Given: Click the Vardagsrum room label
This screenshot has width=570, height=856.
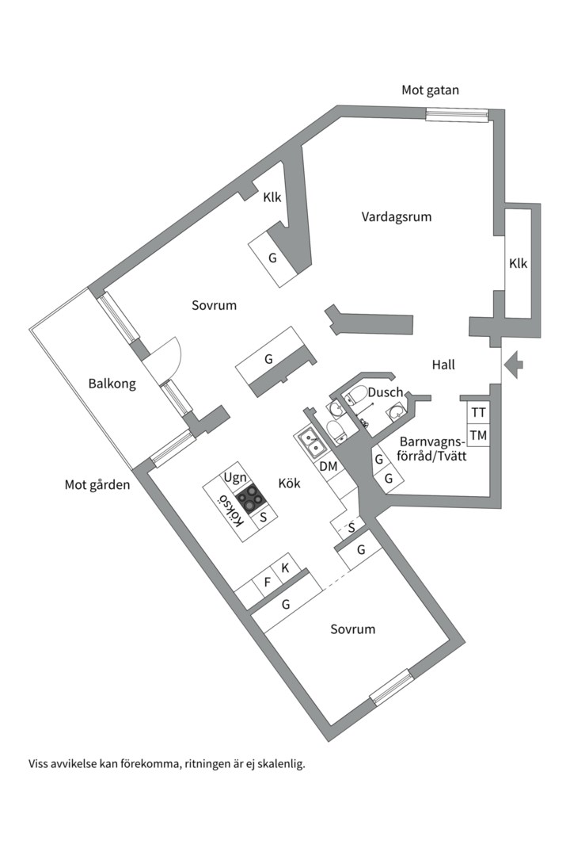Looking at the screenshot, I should point(397,216).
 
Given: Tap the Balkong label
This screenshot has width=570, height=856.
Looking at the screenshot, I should point(112,384).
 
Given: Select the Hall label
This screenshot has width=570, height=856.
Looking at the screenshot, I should point(443,365).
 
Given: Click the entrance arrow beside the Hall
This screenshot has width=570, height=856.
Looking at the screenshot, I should point(514,365).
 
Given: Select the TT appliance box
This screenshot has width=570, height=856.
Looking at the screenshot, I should point(478,413).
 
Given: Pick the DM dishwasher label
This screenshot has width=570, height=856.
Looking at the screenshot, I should point(329,467).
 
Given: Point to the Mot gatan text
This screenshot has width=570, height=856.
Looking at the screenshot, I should point(430,90).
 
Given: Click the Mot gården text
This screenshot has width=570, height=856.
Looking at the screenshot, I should point(97,484).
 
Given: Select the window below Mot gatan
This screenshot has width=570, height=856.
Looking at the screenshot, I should point(456,115).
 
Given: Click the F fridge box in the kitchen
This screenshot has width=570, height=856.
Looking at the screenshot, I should point(267,583).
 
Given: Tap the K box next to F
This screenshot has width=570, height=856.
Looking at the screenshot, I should point(285,568).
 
